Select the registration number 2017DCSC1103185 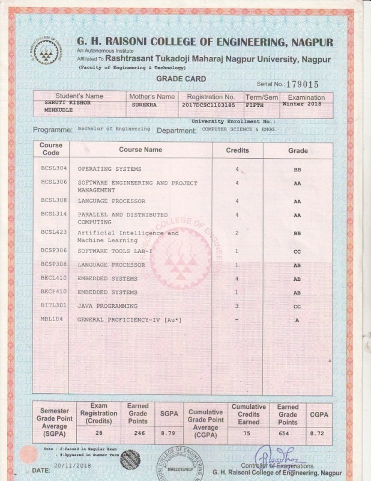[x=208, y=105]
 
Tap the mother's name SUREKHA [x=145, y=105]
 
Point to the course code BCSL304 [x=54, y=168]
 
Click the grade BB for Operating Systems [x=297, y=170]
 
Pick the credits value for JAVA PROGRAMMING [x=237, y=306]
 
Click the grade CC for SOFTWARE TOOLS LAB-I [x=297, y=251]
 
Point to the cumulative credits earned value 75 [x=249, y=432]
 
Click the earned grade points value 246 [x=137, y=432]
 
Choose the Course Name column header [x=140, y=149]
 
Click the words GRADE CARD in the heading [x=181, y=79]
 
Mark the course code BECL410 [x=55, y=278]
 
